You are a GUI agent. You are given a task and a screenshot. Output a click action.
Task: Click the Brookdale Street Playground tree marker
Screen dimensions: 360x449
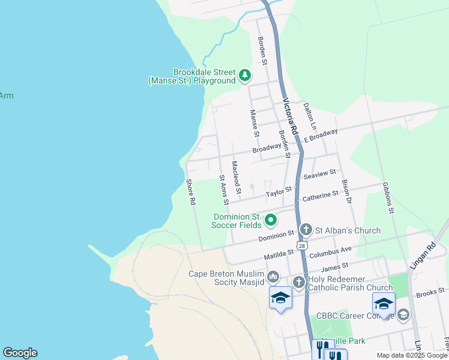pyautogui.click(x=244, y=76)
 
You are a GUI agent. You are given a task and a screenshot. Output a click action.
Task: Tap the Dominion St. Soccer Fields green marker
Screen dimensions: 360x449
pyautogui.click(x=271, y=220)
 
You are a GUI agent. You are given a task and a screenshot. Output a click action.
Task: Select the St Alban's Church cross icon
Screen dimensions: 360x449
pyautogui.click(x=306, y=230)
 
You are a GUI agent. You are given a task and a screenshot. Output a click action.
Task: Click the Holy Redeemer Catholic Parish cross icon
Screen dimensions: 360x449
pyautogui.click(x=299, y=282)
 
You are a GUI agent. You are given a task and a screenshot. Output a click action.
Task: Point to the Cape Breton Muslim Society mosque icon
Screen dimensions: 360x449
pyautogui.click(x=273, y=277)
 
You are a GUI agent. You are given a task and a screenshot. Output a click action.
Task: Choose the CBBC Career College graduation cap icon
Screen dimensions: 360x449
pyautogui.click(x=403, y=314)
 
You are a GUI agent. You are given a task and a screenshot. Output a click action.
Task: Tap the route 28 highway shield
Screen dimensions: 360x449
pyautogui.click(x=301, y=245)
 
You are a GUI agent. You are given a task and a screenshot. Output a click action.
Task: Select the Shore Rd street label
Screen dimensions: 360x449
pyautogui.click(x=191, y=193)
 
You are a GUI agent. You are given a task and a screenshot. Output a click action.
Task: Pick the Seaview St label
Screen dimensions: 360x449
pyautogui.click(x=319, y=173)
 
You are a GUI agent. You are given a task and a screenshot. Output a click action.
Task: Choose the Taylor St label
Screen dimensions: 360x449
pyautogui.click(x=279, y=191)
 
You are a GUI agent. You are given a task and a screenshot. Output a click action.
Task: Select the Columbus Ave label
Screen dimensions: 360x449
pyautogui.click(x=330, y=249)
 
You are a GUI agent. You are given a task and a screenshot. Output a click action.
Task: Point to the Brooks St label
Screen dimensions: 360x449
pyautogui.click(x=429, y=293)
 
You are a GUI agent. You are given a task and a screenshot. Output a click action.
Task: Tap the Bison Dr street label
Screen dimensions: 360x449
pyautogui.click(x=346, y=190)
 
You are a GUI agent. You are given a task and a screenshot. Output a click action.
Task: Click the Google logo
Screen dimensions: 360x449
pyautogui.click(x=20, y=353)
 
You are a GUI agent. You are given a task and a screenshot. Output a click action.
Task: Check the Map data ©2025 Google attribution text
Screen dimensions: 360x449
pyautogui.click(x=411, y=355)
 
